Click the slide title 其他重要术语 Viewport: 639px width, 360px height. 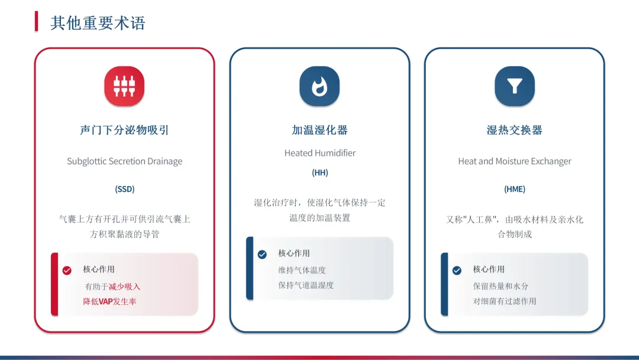coord(98,23)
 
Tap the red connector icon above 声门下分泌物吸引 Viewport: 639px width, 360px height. coord(124,86)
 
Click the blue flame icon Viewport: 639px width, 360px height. coord(319,86)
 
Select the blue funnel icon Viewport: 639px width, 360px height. coord(515,86)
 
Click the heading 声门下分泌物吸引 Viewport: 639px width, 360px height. coord(124,130)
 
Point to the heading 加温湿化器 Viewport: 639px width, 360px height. coord(319,130)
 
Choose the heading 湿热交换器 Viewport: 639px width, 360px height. coord(515,130)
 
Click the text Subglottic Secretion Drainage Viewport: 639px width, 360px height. coord(124,161)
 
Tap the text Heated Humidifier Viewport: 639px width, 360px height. coord(319,153)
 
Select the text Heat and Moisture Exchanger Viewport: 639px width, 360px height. coord(515,161)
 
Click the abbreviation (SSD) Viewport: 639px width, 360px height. coord(124,189)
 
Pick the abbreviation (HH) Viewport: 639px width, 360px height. coord(319,173)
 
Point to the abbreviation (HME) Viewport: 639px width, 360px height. coord(515,189)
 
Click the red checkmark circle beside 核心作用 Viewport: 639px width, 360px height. coord(67,271)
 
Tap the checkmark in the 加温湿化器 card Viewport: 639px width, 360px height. coord(262,255)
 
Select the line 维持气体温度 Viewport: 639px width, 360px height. coord(302,270)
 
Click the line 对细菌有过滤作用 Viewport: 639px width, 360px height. coord(504,301)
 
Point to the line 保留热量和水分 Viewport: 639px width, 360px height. coord(501,286)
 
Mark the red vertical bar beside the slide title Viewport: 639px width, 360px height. coord(37,22)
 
